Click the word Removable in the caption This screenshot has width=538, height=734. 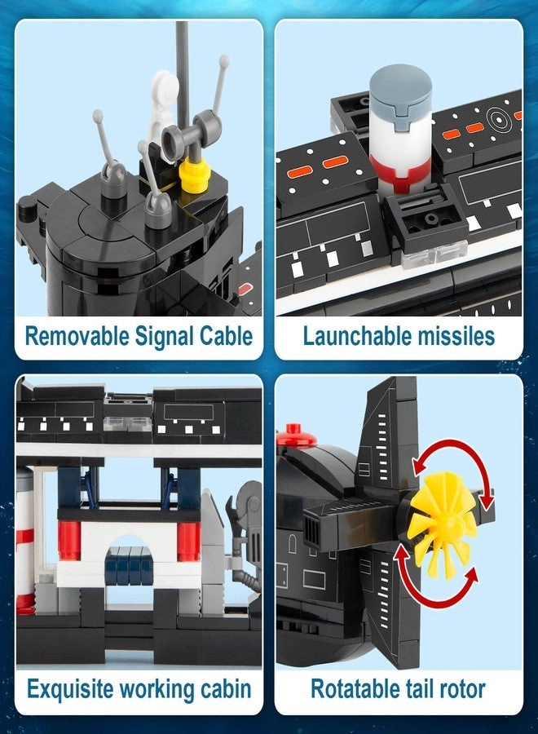pos(77,336)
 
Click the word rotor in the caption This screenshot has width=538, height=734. pos(463,689)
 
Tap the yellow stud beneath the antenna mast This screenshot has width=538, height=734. pos(192,175)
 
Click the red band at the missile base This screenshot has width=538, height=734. pos(400,175)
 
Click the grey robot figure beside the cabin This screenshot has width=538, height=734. pos(245,533)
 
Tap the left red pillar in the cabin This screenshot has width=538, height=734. pos(70,541)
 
